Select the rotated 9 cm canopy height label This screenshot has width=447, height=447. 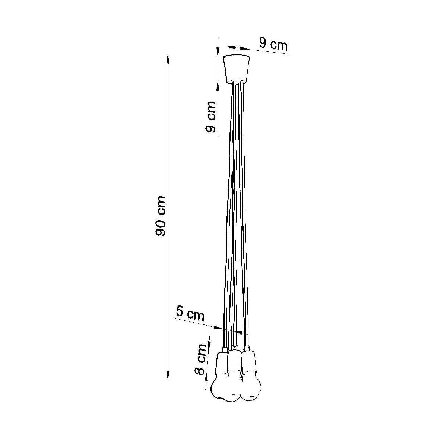pos(210,117)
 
